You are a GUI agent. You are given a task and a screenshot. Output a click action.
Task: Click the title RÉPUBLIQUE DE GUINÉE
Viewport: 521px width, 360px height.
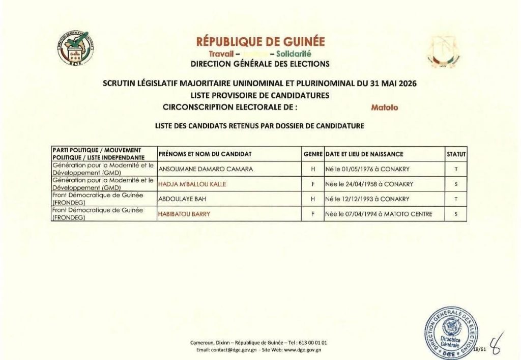(x=260, y=42)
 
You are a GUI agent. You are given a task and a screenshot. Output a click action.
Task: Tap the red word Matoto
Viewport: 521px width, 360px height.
(x=385, y=107)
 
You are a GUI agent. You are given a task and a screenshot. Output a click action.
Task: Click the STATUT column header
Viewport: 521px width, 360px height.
(x=456, y=154)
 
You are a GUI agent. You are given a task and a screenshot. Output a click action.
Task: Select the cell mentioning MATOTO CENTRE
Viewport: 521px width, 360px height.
(x=379, y=214)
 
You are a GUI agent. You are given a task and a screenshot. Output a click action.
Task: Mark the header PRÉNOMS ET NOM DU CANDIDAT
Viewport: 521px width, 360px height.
(x=205, y=154)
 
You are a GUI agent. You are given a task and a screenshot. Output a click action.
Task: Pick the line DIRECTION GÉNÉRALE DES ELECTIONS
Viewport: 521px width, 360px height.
(x=260, y=64)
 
